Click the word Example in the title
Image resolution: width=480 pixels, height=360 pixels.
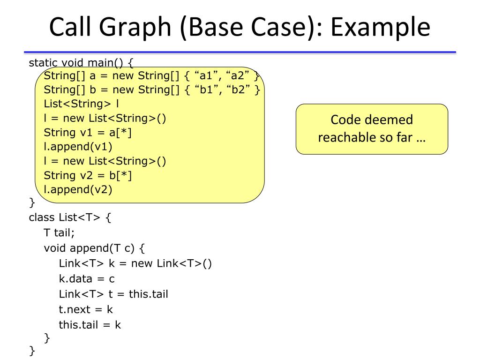click(380, 27)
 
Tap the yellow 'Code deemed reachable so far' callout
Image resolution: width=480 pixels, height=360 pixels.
click(372, 129)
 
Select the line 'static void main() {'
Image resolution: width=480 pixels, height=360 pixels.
click(82, 62)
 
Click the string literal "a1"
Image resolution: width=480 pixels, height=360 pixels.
click(205, 76)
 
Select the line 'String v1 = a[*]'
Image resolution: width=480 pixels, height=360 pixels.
click(88, 133)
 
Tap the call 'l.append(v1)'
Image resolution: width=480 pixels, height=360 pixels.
click(78, 147)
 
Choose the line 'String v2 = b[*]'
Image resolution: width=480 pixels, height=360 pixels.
click(88, 175)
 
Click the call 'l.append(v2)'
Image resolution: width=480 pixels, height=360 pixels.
click(78, 189)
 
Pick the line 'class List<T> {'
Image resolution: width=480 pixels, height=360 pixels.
click(70, 217)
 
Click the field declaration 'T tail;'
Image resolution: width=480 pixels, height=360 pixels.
click(59, 232)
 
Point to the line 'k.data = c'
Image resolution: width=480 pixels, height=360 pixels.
click(87, 279)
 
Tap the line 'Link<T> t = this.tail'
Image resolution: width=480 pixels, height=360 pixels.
click(113, 294)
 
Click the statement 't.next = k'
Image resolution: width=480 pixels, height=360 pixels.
click(86, 309)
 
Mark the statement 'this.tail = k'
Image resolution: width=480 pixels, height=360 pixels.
click(90, 324)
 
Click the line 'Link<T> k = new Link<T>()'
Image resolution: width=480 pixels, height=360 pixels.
click(135, 263)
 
